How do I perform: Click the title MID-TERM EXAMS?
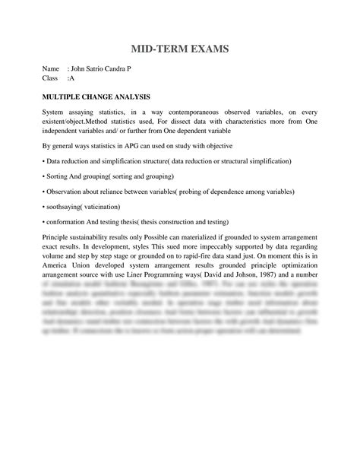pyautogui.click(x=180, y=49)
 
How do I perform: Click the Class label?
pyautogui.click(x=51, y=78)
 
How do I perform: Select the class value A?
pyautogui.click(x=72, y=78)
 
